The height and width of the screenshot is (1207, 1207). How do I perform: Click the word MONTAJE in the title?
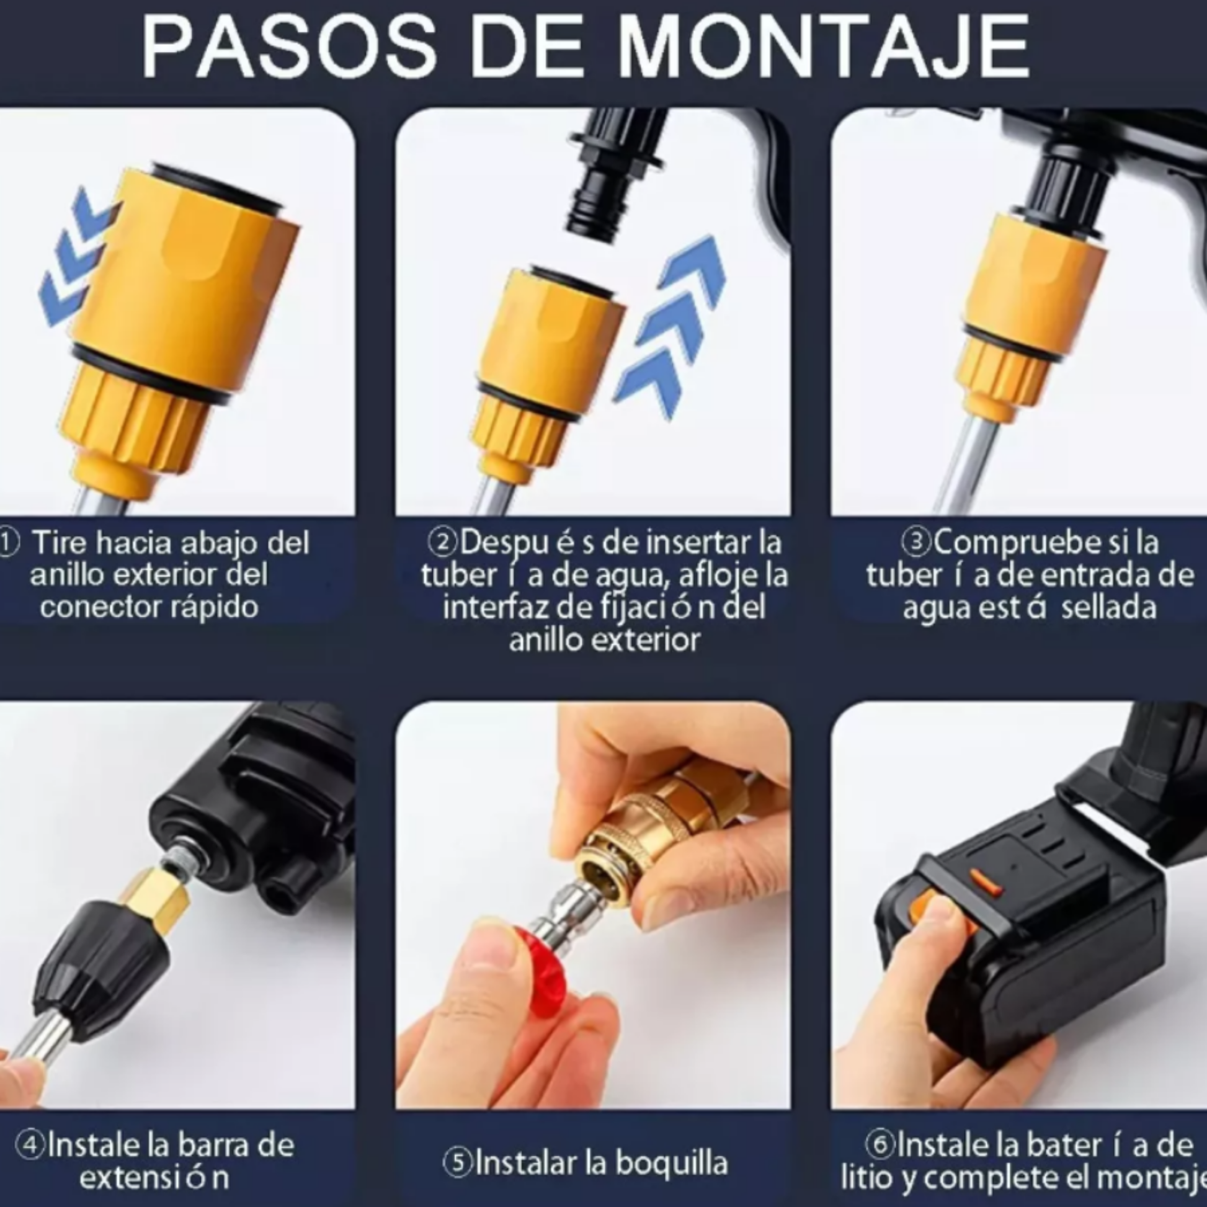pos(824,48)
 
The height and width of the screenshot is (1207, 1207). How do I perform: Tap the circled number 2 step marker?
pos(442,542)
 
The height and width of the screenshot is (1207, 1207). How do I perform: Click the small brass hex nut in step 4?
pos(156,899)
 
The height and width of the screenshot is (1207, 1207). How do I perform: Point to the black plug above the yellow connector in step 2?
pos(615,175)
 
